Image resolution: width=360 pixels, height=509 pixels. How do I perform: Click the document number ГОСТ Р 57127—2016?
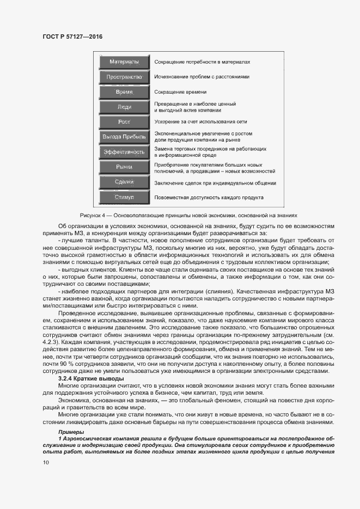coord(72,36)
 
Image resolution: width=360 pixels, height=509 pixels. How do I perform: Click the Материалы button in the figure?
coord(124,62)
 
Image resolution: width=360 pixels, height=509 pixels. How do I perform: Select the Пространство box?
coord(124,77)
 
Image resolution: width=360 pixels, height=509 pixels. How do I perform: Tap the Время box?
coord(124,92)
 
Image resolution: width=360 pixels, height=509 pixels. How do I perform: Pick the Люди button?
coord(124,107)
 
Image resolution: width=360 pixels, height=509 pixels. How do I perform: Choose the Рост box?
coord(124,122)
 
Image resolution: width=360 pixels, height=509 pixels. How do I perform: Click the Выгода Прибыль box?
coord(124,137)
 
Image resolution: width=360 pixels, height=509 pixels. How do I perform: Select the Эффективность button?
coord(124,152)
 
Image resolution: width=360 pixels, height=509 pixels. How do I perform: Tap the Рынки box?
coord(124,167)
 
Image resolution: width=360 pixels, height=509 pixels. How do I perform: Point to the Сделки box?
coord(124,182)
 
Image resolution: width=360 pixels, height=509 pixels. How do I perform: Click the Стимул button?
coord(124,197)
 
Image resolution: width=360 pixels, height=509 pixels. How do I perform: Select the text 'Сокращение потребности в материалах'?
coord(203,63)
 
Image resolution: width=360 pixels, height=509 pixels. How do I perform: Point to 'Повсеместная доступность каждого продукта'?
coord(209,198)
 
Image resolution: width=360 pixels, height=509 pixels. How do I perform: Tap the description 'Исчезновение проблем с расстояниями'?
coord(202,77)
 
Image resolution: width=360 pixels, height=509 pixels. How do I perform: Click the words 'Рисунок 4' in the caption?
coord(108,216)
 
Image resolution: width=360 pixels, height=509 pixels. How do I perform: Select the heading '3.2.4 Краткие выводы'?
coord(90,378)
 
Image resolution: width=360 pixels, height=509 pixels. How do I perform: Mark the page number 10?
coord(45,462)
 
